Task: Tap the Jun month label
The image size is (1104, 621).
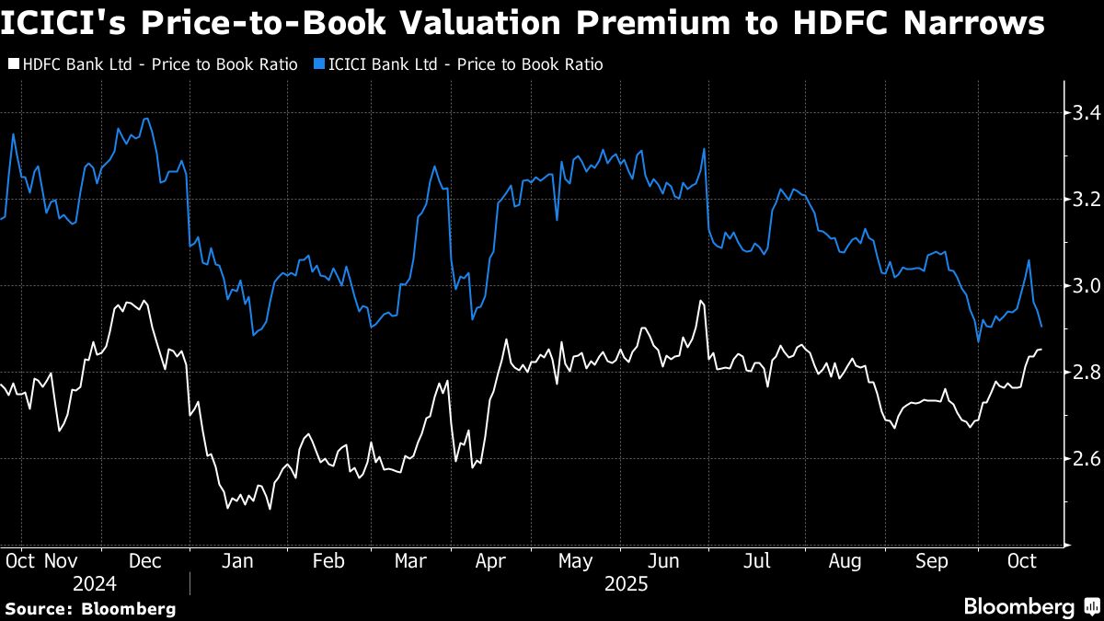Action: pos(664,560)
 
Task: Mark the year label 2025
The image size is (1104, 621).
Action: pos(627,584)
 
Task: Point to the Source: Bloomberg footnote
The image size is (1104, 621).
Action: pos(90,608)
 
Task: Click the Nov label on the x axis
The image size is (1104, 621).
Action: pos(60,560)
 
